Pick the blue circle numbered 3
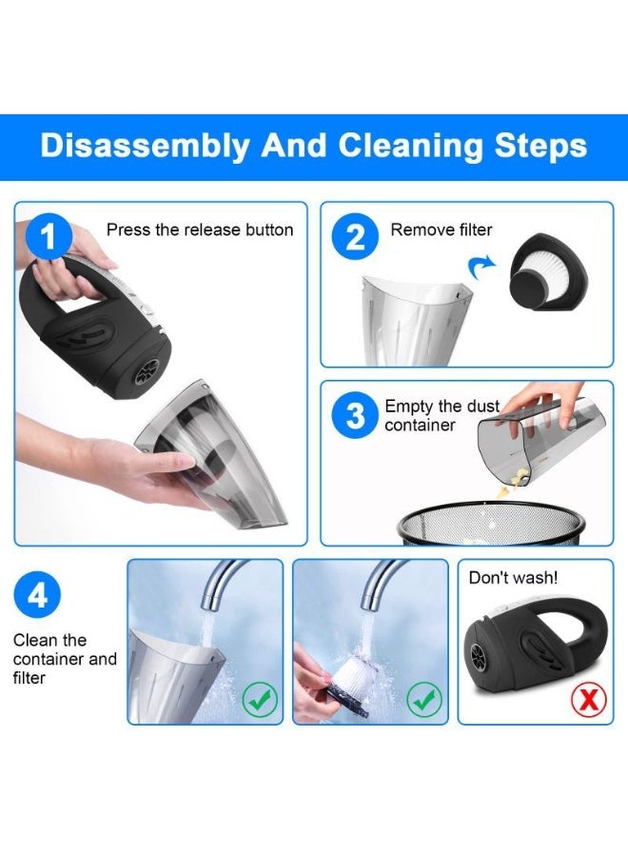click(354, 416)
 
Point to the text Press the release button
click(200, 229)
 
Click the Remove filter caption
click(442, 229)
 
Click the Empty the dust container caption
click(442, 416)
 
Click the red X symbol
click(589, 700)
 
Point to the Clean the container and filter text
click(65, 659)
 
